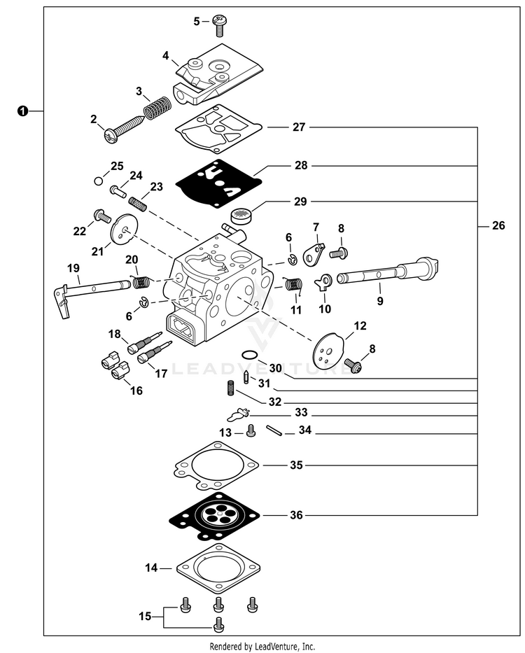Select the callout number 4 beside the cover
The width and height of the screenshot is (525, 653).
point(165,55)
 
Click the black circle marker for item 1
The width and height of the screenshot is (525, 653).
point(23,111)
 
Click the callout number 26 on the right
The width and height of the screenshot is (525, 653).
point(498,226)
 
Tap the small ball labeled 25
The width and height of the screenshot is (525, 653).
point(98,182)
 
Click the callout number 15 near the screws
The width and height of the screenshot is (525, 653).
point(144,616)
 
